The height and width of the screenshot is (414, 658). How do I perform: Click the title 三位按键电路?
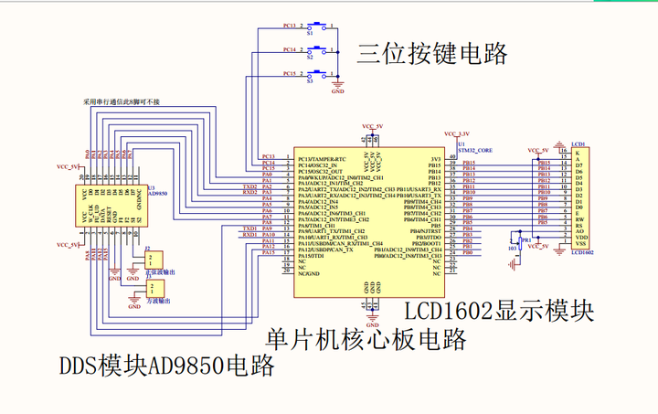coord(431,54)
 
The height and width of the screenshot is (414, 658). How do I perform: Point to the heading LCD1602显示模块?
coord(499,311)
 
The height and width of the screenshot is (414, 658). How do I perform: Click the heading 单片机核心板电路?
coord(366,340)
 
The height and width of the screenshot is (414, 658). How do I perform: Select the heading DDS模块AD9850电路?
coord(167,367)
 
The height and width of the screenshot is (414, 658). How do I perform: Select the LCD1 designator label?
coord(578,144)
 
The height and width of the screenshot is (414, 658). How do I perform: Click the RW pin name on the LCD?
coord(578,220)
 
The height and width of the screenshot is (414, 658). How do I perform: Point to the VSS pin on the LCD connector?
coord(579,245)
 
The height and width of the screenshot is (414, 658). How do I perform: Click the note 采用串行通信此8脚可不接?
coord(121,101)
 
